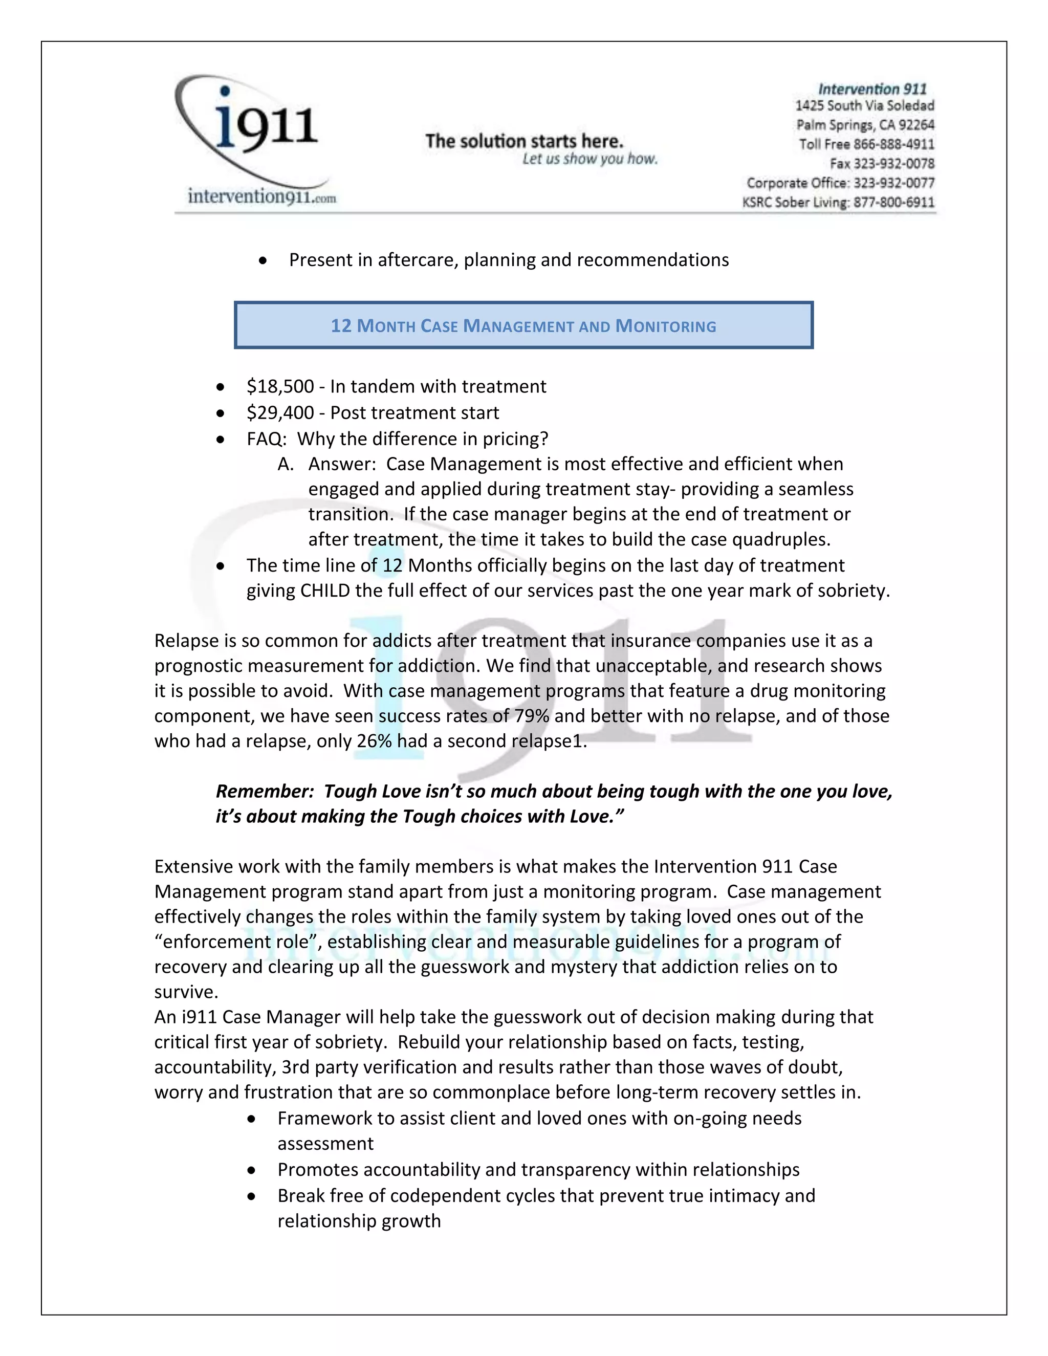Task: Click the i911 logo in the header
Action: click(x=254, y=124)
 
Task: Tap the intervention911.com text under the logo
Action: click(x=261, y=197)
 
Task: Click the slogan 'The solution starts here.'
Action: click(x=523, y=142)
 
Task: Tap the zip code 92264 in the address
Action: click(x=916, y=125)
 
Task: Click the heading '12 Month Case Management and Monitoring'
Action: click(x=523, y=326)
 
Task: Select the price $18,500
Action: click(x=280, y=386)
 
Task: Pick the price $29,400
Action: click(x=280, y=412)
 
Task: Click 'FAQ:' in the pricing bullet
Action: click(x=266, y=439)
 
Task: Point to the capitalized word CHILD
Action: click(x=325, y=590)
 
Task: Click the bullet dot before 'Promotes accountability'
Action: click(x=251, y=1170)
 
